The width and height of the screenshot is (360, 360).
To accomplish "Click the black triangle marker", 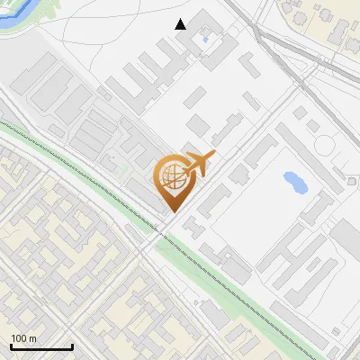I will click(181, 24).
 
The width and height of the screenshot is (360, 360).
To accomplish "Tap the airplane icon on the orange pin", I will click(199, 165).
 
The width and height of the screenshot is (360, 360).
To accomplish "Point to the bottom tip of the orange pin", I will click(172, 211).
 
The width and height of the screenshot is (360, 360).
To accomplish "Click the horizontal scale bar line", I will click(40, 346).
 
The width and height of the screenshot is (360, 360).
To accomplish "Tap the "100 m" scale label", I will click(23, 338).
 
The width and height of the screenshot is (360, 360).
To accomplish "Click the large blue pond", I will click(294, 181).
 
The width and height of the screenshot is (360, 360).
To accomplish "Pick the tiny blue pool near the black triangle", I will click(206, 40).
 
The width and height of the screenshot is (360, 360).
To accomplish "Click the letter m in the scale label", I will click(32, 338).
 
